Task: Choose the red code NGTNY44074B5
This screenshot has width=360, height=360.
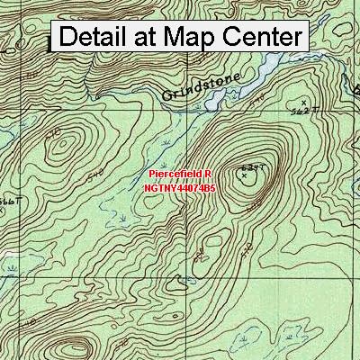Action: [x=179, y=189]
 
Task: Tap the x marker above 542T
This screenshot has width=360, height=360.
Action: [x=304, y=101]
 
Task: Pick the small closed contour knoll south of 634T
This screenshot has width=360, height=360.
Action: [x=208, y=243]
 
